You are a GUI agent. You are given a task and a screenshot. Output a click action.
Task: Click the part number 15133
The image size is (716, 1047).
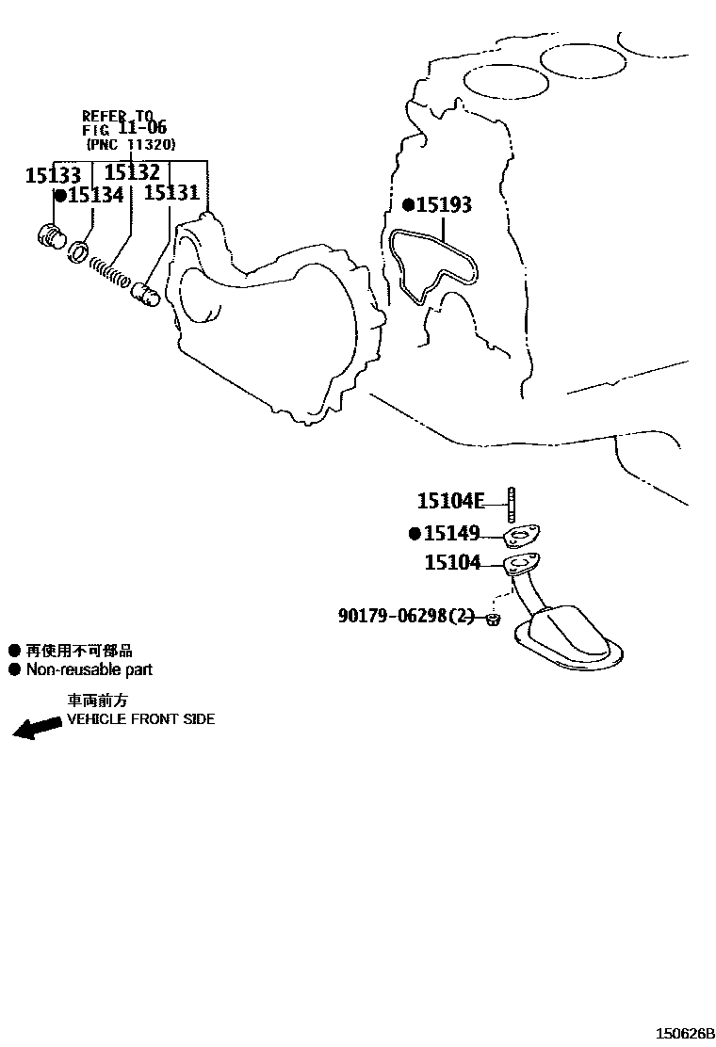click(x=53, y=175)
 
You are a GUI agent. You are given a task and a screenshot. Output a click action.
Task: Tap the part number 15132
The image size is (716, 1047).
click(x=132, y=172)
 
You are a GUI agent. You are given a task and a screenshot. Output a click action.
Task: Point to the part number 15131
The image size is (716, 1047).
click(x=171, y=192)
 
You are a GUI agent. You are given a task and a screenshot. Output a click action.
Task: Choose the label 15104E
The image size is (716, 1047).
click(x=451, y=500)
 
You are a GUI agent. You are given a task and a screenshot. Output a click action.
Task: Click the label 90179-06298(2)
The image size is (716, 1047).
click(x=405, y=615)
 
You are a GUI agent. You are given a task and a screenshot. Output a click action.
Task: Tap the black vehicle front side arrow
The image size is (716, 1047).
click(x=37, y=728)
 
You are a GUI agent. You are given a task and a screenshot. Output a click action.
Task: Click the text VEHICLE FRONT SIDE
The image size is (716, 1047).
click(x=141, y=719)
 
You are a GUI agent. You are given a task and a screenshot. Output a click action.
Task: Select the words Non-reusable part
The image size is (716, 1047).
click(x=89, y=669)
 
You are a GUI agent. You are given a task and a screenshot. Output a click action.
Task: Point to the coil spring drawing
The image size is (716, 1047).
click(x=109, y=271)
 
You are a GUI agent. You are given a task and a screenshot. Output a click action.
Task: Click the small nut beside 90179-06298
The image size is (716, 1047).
click(x=492, y=619)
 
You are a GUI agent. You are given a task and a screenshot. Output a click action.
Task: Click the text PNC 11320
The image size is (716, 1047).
click(x=131, y=143)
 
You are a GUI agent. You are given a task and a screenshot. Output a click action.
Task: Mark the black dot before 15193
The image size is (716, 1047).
click(x=408, y=204)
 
